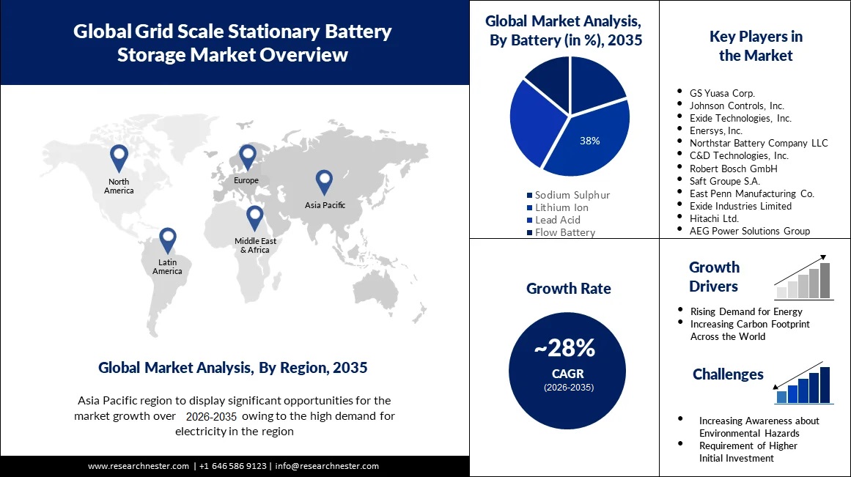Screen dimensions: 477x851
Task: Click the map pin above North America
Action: [119, 158]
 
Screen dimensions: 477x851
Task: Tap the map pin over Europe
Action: [248, 157]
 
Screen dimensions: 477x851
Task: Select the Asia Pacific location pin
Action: [324, 182]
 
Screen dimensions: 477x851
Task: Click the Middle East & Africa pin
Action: [254, 218]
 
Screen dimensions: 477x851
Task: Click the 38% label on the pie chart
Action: [589, 141]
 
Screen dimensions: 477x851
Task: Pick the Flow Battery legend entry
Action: [564, 232]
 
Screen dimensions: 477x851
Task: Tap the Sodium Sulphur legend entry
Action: [571, 195]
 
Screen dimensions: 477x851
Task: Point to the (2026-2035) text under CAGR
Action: [568, 387]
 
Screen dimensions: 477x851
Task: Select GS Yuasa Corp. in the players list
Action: [721, 93]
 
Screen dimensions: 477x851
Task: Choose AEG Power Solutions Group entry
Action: [749, 231]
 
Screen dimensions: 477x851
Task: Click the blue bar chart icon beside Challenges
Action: [804, 383]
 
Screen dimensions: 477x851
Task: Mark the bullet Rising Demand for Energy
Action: [746, 311]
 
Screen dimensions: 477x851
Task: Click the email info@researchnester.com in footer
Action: [327, 466]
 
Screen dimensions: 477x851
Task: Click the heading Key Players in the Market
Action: [756, 45]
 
